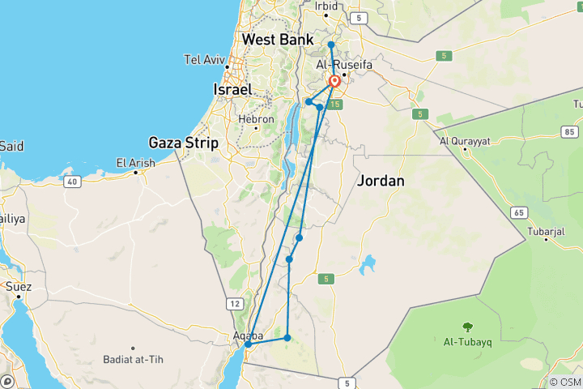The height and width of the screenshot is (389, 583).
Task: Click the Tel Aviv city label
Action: tap(203, 59)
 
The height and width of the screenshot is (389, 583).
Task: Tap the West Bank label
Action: tap(274, 39)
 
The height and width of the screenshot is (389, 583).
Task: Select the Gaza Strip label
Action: tap(183, 143)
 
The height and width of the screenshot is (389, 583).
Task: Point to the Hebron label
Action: tap(256, 118)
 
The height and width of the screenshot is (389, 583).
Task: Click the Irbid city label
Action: tap(326, 6)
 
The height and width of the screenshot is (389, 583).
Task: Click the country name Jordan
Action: tap(380, 181)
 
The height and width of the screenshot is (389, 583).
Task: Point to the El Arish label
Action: tap(134, 162)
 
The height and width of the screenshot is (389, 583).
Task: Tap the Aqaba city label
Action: tap(247, 335)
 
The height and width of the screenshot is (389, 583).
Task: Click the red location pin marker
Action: tap(334, 82)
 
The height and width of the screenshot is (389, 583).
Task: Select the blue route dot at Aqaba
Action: tap(249, 344)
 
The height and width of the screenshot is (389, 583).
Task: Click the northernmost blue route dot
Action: tap(331, 45)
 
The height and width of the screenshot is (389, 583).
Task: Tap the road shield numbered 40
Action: tap(73, 182)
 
